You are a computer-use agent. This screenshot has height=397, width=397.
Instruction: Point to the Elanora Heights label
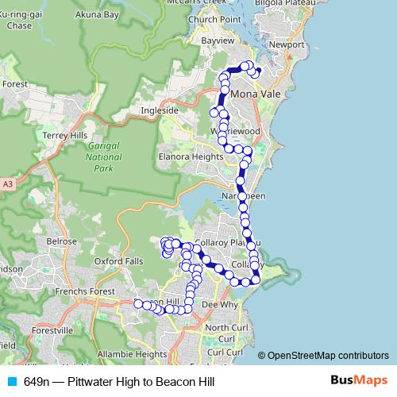coord(191,157)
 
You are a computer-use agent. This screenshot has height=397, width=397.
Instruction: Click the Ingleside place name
coord(160,110)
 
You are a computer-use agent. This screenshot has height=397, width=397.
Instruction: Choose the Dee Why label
coord(220,304)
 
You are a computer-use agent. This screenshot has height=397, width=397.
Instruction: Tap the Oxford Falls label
coord(118,260)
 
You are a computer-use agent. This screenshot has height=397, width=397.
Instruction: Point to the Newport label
coord(287,45)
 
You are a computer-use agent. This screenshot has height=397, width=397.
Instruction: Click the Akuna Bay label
coord(97,14)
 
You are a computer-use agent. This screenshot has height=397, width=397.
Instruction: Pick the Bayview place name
coord(218,39)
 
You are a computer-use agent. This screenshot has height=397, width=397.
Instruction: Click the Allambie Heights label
coord(132,353)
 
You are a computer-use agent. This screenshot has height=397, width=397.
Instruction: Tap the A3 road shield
coord(8,184)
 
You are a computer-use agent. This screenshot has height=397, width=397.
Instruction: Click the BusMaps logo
coord(359,381)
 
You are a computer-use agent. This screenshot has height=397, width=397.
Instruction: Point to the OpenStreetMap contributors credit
coord(327,356)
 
